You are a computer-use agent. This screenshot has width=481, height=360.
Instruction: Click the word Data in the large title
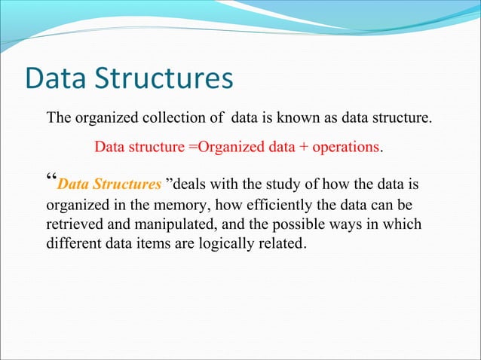click(x=59, y=78)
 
